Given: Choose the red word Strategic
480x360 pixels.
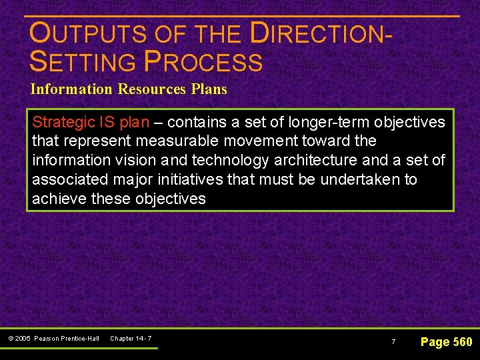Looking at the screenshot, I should pos(63,122).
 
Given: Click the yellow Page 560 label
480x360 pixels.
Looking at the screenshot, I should pos(446,342).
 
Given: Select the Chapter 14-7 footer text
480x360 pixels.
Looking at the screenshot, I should pos(131,339).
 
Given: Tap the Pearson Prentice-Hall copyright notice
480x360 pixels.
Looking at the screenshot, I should pos(54,339).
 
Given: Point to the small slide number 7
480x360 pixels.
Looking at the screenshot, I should pos(393,342).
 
